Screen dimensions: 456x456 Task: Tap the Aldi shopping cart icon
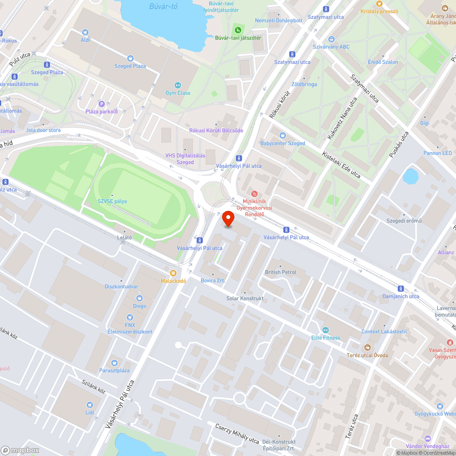click(85, 32)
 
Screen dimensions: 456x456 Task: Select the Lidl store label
click(90, 412)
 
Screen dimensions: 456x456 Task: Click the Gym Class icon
click(178, 85)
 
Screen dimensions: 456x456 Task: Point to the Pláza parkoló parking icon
click(101, 104)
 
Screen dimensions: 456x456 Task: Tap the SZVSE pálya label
click(112, 201)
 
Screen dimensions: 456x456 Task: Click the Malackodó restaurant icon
click(173, 274)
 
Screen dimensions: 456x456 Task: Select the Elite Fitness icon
click(326, 330)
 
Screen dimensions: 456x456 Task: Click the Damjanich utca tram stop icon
click(401, 289)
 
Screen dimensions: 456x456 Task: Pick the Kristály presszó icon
click(379, 4)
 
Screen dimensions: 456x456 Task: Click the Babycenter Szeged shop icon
click(282, 135)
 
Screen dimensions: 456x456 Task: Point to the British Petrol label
click(280, 272)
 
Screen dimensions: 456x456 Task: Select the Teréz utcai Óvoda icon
click(368, 347)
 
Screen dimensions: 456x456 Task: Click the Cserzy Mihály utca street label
click(237, 434)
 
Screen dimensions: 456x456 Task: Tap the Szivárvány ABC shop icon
click(332, 39)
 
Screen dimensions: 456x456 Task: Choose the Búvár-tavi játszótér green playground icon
click(238, 30)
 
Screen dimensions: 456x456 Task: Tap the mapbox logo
click(20, 450)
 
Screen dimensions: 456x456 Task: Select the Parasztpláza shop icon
click(114, 363)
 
